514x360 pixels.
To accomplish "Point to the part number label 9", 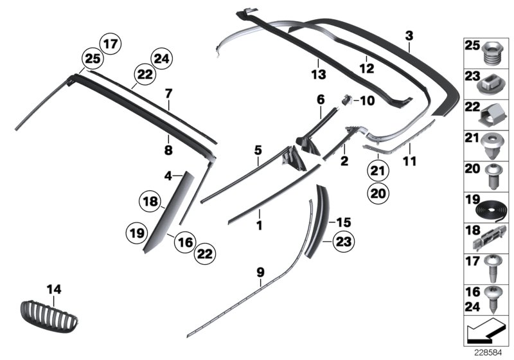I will [x=260, y=273].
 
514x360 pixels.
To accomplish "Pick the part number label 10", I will [x=366, y=100].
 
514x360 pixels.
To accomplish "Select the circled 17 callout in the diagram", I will [x=111, y=45].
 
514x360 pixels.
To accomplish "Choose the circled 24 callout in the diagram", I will [x=160, y=60].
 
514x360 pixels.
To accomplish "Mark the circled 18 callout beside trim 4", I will [x=150, y=202].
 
